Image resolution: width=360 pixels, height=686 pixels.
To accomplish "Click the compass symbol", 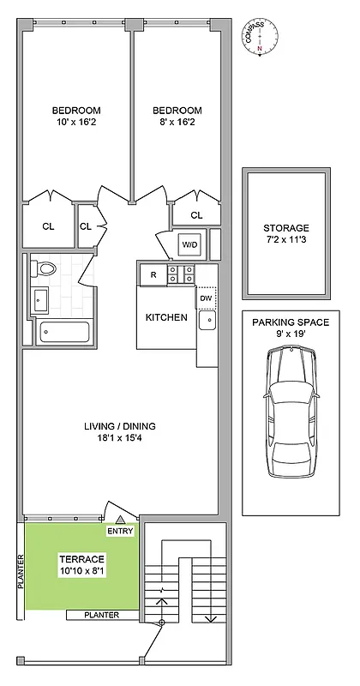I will coord(260,36).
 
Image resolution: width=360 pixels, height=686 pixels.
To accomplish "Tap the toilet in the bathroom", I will coord(46,269).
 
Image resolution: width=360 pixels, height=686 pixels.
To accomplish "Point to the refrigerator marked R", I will coord(153,274).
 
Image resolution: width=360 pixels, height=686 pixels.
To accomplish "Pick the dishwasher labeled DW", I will coord(206,298).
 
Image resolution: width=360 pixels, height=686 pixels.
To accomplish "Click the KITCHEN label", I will coord(166,317).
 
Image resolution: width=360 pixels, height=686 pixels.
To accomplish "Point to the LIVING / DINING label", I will coord(119,426).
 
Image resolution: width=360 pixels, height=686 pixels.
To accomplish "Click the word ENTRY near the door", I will coord(119,532).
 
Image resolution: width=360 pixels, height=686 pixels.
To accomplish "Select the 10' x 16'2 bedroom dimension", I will coord(76,123).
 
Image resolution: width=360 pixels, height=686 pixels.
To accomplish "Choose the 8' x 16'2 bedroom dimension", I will coord(177,123).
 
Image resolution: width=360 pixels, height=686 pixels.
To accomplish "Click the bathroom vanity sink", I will coord(41,300).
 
